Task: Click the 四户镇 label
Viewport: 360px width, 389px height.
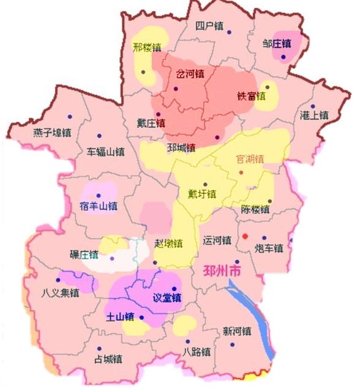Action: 209,26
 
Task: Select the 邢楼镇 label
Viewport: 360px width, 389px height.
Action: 146,47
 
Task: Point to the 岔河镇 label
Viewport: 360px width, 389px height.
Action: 190,74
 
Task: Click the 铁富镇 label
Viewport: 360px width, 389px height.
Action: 251,96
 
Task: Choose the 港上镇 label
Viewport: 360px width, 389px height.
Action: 314,115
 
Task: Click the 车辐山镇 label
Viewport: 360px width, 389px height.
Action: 105,152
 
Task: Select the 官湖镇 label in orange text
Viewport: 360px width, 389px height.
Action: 250,159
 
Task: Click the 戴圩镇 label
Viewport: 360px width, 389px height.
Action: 202,194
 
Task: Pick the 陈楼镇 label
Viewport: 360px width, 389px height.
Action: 255,210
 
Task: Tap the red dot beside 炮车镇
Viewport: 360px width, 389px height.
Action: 245,236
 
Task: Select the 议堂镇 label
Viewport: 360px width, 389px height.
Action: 167,298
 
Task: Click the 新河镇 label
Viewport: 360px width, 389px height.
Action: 236,332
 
